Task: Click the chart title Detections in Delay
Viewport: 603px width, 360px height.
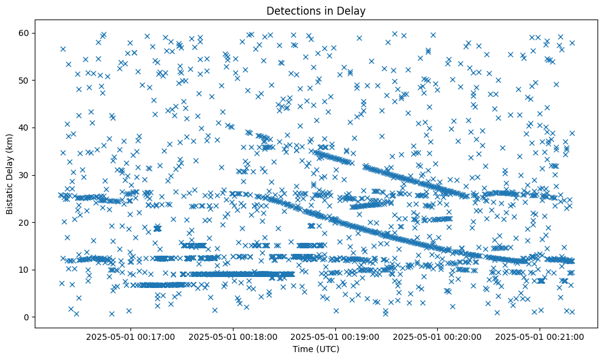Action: pos(316,10)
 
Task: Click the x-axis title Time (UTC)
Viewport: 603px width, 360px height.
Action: pos(316,349)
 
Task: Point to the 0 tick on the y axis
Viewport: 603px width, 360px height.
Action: pos(26,317)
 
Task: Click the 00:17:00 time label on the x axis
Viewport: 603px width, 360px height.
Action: pos(130,336)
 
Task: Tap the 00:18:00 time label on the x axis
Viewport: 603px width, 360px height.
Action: pos(233,336)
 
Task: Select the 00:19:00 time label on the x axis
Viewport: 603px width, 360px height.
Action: pos(335,336)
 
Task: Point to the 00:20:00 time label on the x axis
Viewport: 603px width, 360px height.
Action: pos(437,336)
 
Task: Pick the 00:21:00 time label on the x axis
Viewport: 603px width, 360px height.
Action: pos(540,336)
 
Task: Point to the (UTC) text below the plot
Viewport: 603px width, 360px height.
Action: pos(327,349)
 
